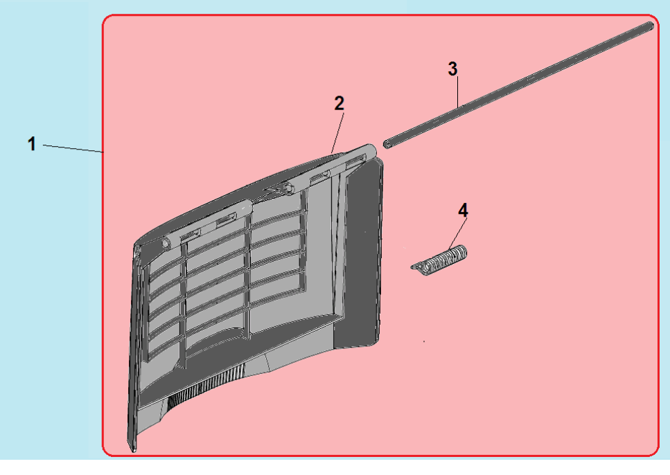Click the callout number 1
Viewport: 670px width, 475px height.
tap(32, 144)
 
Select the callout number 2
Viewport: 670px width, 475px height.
tap(339, 103)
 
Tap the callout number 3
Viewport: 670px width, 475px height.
tap(452, 69)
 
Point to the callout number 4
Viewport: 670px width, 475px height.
tap(464, 210)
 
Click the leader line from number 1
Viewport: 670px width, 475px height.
tap(73, 148)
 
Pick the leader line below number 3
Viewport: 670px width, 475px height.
tap(457, 91)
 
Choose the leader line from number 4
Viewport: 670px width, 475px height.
tap(457, 233)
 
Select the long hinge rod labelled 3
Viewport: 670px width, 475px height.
tap(519, 85)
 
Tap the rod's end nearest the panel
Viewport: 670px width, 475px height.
tap(387, 145)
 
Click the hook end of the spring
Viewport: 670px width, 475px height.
tap(414, 267)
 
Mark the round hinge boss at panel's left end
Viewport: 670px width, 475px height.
tap(165, 244)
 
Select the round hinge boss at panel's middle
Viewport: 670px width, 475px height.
tap(288, 187)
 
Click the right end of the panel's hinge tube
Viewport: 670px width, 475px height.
tap(370, 150)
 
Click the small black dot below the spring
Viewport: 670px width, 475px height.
tap(424, 341)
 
